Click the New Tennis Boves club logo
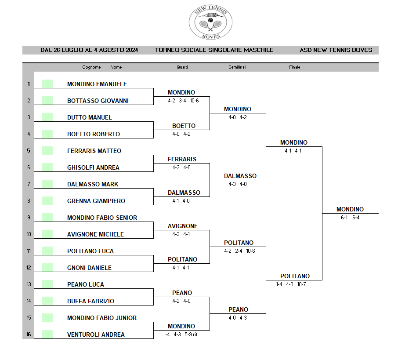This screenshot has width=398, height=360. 210,22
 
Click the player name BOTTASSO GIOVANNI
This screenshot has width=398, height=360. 98,101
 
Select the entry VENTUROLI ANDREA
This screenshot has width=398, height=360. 96,335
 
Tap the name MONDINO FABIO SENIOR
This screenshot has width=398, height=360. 102,218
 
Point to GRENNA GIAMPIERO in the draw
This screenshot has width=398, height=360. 96,201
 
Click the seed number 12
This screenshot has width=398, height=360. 29,268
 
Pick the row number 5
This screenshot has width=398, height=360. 29,151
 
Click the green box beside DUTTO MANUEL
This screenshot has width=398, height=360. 47,117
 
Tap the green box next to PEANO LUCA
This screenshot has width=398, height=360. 47,284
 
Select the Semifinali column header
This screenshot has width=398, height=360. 237,67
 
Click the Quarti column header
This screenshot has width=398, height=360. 182,67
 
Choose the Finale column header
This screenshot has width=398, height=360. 294,67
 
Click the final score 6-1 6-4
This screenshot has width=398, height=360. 350,218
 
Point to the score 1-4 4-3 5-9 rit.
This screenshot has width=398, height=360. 181,335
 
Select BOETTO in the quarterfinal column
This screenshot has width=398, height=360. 184,126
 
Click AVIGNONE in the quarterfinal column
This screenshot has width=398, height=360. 182,226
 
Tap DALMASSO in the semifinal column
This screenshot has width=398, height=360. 240,176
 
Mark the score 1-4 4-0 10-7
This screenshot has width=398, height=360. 291,284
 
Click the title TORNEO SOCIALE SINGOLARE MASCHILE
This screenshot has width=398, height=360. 214,50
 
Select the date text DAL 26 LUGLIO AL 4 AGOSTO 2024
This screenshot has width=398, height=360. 89,50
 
